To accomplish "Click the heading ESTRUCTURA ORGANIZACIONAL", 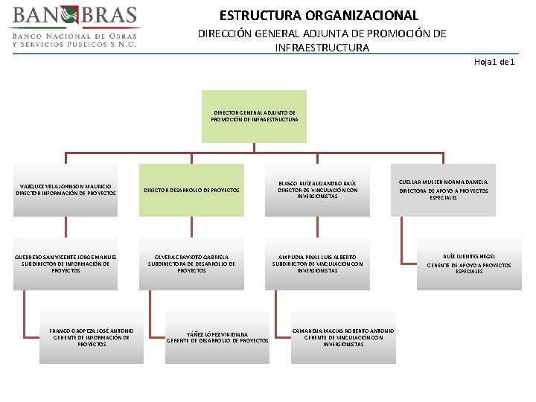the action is click(x=319, y=15).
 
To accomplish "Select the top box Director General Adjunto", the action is click(x=255, y=116).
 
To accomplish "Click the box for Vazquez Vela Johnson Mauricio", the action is click(x=66, y=190).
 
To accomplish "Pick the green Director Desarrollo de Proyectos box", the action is click(x=191, y=190).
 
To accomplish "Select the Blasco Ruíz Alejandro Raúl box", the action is click(x=318, y=190).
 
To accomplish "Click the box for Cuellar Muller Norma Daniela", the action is click(x=443, y=190).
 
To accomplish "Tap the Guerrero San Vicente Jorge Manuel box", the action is click(x=66, y=262).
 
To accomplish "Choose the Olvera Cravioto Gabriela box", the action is click(x=191, y=262).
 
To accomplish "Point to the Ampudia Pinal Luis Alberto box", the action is click(x=318, y=262).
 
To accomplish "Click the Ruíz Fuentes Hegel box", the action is click(x=469, y=262).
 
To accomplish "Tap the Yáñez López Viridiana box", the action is click(x=217, y=337).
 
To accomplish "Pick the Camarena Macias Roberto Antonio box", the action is click(x=343, y=336).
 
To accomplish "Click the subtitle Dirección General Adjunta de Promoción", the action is click(x=322, y=33).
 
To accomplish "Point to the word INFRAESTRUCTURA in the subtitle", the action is click(x=322, y=48).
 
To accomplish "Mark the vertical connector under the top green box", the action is click(x=255, y=147).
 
